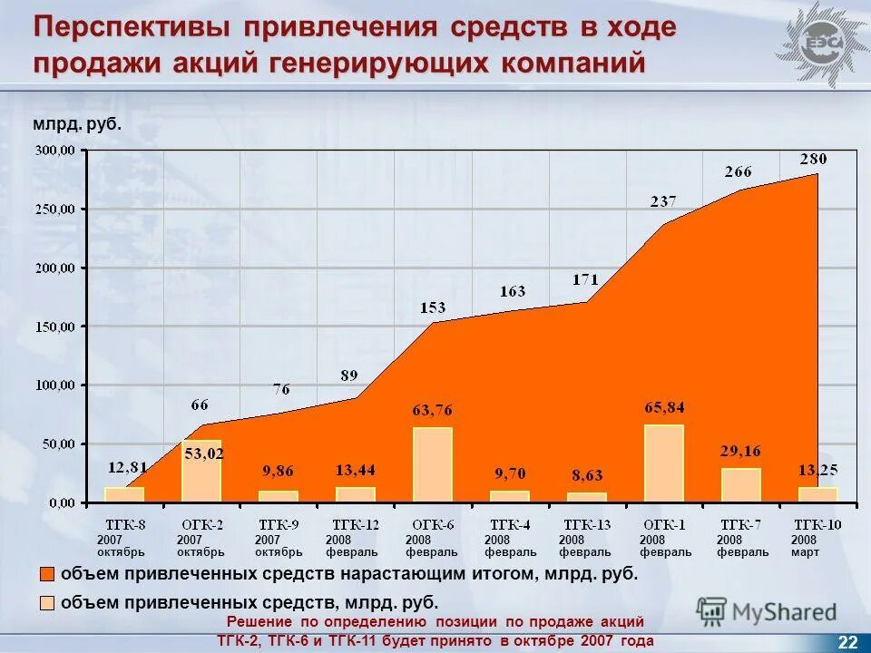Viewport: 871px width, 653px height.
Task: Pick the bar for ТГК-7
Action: pyautogui.click(x=740, y=484)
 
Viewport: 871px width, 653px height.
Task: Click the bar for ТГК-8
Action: pyautogui.click(x=123, y=494)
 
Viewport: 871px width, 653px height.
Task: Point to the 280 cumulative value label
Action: pyautogui.click(x=813, y=159)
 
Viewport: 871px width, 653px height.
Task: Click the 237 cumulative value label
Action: pyautogui.click(x=662, y=202)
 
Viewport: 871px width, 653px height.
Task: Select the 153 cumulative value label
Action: pyautogui.click(x=432, y=307)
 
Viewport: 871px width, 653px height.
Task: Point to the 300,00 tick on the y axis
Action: pyautogui.click(x=56, y=151)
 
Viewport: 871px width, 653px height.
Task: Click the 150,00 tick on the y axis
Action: pyautogui.click(x=56, y=326)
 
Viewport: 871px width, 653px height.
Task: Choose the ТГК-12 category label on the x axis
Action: pyautogui.click(x=355, y=524)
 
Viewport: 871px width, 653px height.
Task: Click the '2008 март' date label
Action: pyautogui.click(x=805, y=546)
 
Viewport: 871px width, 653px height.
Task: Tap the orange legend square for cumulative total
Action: pyautogui.click(x=47, y=574)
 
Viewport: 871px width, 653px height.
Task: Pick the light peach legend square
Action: pyautogui.click(x=47, y=602)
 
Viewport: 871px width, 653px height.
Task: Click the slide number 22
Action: pyautogui.click(x=847, y=642)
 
